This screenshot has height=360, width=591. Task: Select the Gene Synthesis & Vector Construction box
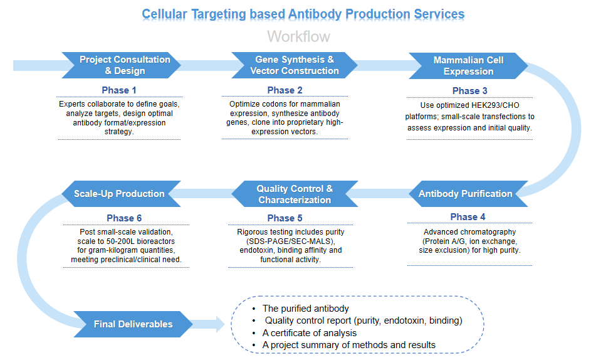tap(295, 65)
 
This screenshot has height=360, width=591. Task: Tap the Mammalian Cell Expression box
tap(468, 65)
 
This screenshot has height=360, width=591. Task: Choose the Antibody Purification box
tap(465, 194)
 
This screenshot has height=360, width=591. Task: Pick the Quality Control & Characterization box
tap(295, 194)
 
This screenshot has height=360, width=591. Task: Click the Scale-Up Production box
tap(119, 194)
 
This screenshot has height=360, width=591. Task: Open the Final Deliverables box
tap(133, 324)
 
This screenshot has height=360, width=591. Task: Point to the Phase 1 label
tap(119, 90)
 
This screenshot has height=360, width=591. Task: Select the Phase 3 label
tap(469, 91)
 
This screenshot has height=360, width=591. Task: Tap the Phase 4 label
tap(468, 217)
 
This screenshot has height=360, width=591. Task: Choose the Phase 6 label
tap(124, 218)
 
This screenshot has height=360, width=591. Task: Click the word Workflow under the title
tap(298, 36)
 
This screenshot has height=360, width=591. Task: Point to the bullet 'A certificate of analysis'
tap(310, 333)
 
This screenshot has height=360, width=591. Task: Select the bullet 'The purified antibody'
tap(306, 309)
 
